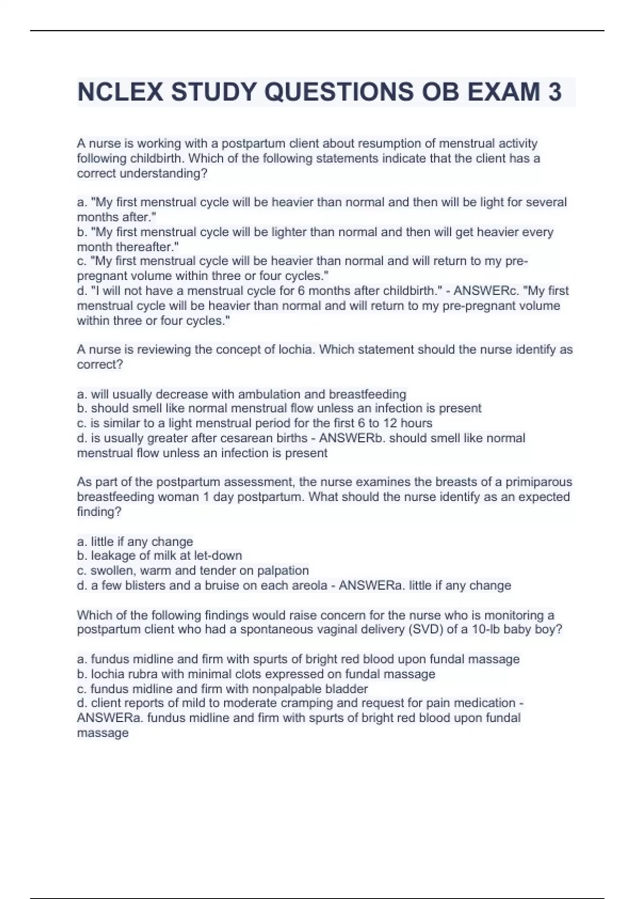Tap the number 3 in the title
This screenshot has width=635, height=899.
[555, 92]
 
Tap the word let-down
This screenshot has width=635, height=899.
[218, 556]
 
